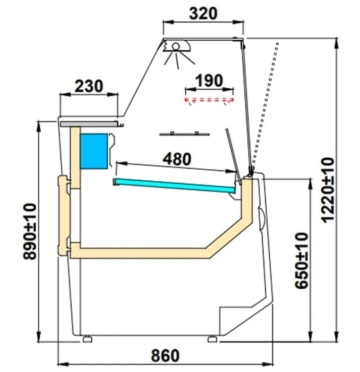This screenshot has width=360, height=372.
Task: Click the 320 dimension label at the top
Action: [x=203, y=13]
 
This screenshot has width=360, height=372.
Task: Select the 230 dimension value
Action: [x=89, y=86]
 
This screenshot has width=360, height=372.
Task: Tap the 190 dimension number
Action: [x=209, y=80]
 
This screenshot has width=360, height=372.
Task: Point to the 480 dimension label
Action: [x=177, y=159]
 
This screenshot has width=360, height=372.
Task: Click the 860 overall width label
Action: [x=165, y=356]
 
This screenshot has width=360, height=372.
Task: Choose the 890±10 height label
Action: [x=30, y=232]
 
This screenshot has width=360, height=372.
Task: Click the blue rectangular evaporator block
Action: [x=94, y=151]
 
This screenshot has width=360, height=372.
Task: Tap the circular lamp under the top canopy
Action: [x=176, y=47]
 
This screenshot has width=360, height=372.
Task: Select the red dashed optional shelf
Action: [x=209, y=101]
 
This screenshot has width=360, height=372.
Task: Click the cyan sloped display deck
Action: [x=174, y=185]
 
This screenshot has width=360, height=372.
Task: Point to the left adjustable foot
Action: [x=87, y=339]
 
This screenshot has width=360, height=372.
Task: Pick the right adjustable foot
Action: [x=213, y=339]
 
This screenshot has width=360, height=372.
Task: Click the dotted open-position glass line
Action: [x=264, y=106]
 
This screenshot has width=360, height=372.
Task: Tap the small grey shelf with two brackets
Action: [x=185, y=134]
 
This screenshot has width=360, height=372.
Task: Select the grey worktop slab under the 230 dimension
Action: [x=89, y=124]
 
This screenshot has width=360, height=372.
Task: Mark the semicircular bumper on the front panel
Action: [x=262, y=219]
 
